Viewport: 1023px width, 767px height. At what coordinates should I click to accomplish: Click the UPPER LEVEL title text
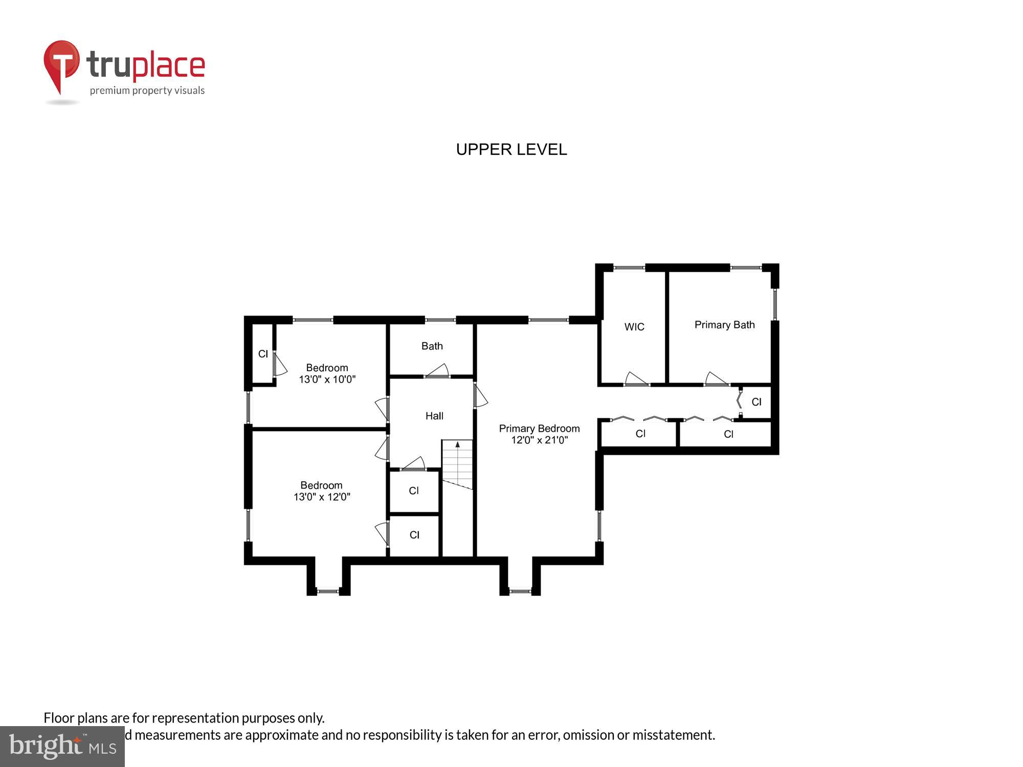tap(511, 149)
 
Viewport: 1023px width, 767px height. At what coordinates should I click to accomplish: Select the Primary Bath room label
tap(724, 325)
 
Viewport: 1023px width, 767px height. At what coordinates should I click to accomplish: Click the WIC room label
tap(634, 327)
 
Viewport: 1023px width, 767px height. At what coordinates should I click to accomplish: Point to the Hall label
tap(434, 416)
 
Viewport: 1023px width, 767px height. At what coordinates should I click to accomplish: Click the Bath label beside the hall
tap(432, 346)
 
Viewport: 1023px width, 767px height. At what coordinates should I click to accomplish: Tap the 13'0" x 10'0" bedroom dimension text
tap(327, 379)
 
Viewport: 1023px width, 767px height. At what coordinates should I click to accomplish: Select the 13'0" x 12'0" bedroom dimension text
tap(322, 497)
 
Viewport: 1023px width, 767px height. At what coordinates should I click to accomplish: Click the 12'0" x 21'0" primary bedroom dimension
tap(539, 440)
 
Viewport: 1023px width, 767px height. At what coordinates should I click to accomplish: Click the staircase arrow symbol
tap(457, 445)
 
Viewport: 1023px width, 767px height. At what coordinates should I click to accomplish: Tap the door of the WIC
tap(636, 379)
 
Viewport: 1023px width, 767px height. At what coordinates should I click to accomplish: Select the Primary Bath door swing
tap(716, 379)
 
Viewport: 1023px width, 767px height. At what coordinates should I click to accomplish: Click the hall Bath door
tap(437, 371)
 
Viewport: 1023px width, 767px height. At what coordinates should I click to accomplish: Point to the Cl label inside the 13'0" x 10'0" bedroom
tap(263, 354)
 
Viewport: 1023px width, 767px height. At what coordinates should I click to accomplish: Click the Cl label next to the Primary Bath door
tap(756, 402)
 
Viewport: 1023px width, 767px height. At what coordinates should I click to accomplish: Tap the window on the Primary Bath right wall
tap(774, 305)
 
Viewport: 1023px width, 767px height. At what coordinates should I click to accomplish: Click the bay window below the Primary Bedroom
tap(520, 591)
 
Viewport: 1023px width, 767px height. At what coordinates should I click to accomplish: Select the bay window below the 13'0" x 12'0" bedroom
tap(328, 591)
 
